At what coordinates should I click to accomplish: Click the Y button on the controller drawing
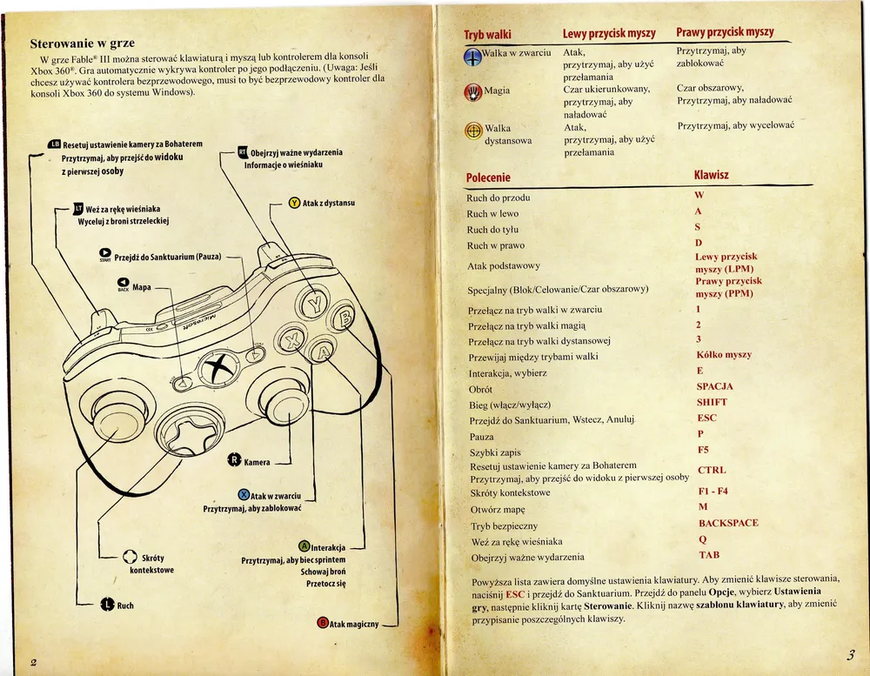pyautogui.click(x=313, y=305)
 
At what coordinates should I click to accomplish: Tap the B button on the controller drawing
pyautogui.click(x=342, y=320)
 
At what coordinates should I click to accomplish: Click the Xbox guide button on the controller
pyautogui.click(x=217, y=368)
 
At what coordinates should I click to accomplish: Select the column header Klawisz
pyautogui.click(x=711, y=175)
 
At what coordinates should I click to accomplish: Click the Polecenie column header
pyautogui.click(x=488, y=177)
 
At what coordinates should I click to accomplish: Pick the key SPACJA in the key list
pyautogui.click(x=714, y=386)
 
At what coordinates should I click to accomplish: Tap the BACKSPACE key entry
pyautogui.click(x=727, y=523)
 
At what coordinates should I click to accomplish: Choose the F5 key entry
pyautogui.click(x=704, y=450)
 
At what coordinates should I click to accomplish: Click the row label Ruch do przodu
pyautogui.click(x=499, y=197)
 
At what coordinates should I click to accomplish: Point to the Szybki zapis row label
pyautogui.click(x=495, y=452)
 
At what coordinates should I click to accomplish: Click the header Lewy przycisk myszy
pyautogui.click(x=608, y=33)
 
